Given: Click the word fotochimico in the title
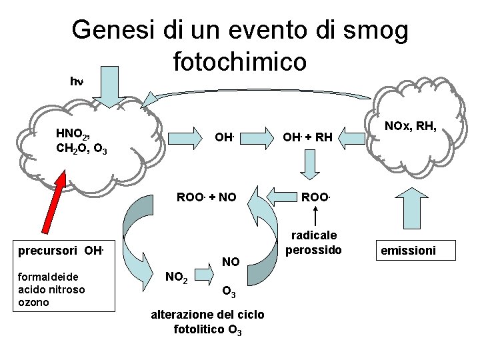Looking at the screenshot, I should click(x=239, y=61).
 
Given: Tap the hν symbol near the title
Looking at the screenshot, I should click(x=77, y=81).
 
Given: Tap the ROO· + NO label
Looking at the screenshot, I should click(x=206, y=197).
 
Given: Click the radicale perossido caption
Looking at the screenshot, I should click(x=314, y=242).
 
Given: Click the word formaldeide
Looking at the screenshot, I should click(x=49, y=276).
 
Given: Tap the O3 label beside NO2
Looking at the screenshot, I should click(x=227, y=291).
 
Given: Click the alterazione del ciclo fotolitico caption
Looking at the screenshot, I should click(x=209, y=321).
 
